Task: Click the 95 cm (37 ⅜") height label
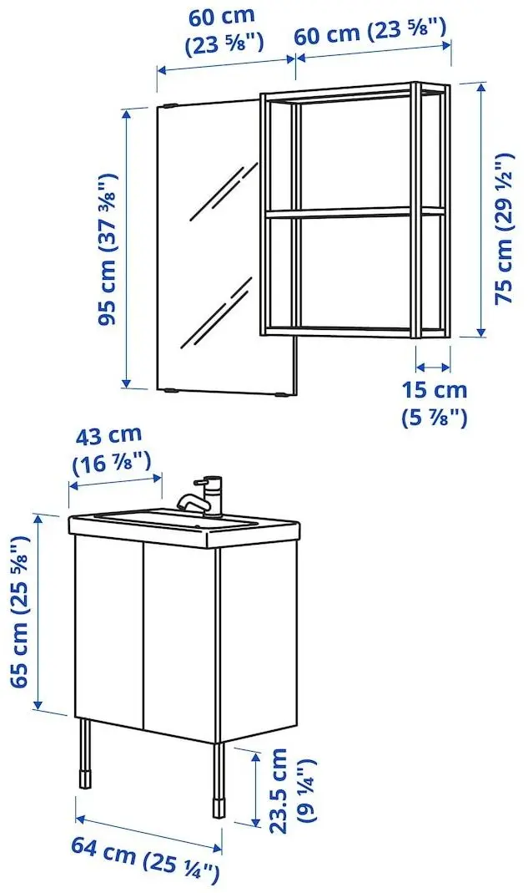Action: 107,249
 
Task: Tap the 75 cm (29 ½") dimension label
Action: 504,230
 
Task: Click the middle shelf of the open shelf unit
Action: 355,212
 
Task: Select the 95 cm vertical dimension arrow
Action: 127,249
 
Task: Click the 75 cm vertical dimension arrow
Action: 481,209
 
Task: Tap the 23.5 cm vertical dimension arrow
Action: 254,785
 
